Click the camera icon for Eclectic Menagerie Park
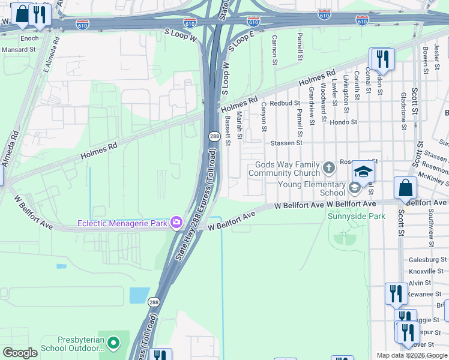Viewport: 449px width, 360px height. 176,223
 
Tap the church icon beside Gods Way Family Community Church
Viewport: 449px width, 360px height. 328,167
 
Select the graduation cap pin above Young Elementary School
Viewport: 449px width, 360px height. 363,172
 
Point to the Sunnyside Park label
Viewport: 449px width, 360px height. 357,216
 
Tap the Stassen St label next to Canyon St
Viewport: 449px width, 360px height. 286,143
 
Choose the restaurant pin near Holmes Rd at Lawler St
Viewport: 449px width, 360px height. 382,59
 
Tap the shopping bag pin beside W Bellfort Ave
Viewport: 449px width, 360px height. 406,188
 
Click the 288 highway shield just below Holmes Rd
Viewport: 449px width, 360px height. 214,137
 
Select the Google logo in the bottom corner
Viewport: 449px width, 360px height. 20,352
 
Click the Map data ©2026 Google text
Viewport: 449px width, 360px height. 412,355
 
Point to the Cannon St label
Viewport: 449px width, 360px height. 274,50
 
